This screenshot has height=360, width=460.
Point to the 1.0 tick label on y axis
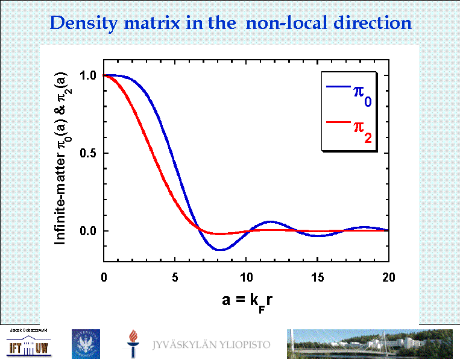point(89,75)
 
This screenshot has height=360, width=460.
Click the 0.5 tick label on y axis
point(89,153)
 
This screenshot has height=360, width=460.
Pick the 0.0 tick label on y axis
point(89,231)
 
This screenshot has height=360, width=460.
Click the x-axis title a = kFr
point(246,301)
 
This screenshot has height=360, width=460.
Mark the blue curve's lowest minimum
point(221,250)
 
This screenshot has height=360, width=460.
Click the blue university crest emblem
point(86,344)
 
